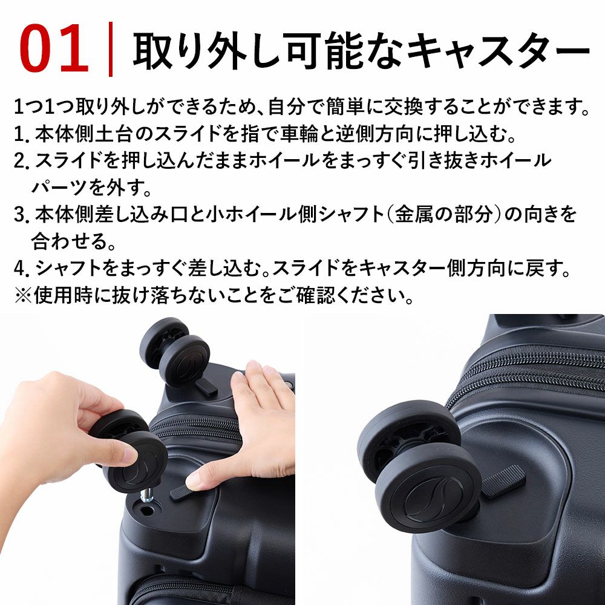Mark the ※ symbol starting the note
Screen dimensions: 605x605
[22, 294]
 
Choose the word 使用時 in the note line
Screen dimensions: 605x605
[68, 294]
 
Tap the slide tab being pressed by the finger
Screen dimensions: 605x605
[181, 491]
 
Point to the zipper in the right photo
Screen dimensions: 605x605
[532, 363]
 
